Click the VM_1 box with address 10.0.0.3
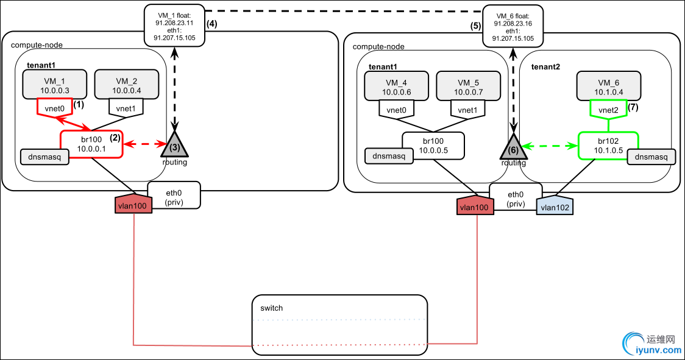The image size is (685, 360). click(x=55, y=84)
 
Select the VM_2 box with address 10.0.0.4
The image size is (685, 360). click(x=126, y=84)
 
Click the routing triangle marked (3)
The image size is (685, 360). click(x=176, y=145)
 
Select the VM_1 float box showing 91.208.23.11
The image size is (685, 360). click(x=174, y=24)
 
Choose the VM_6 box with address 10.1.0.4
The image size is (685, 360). click(x=608, y=86)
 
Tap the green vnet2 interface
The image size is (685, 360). click(x=608, y=109)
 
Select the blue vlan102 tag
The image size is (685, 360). click(x=555, y=206)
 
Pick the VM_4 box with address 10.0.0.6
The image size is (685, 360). click(x=397, y=86)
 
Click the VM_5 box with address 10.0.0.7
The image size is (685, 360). click(x=467, y=86)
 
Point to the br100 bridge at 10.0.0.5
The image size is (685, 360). click(x=433, y=147)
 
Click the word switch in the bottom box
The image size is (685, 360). click(x=271, y=308)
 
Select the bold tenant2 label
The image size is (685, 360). click(x=547, y=66)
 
